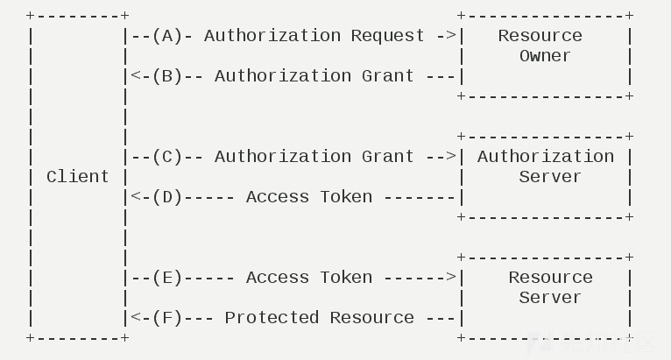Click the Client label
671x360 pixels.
pos(77,177)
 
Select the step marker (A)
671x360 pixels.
pos(166,36)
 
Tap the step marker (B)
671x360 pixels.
pos(166,76)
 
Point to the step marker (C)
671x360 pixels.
pos(166,157)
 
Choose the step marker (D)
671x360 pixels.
pos(166,197)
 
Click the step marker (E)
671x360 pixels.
pos(166,278)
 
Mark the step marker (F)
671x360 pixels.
pos(166,318)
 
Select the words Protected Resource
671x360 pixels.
pos(320,318)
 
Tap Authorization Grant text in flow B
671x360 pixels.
pos(314,76)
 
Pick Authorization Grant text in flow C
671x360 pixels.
pos(314,157)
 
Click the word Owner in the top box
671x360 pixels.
pos(545,56)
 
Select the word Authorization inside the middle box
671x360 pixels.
pos(545,157)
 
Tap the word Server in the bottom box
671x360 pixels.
pos(550,298)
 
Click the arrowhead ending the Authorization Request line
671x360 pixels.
pos(451,36)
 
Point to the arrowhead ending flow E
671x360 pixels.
pos(451,278)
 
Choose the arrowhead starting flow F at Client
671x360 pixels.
pos(136,318)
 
